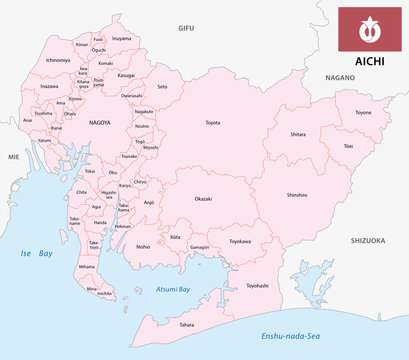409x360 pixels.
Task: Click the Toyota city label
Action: [213, 123]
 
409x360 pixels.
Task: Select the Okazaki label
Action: [202, 199]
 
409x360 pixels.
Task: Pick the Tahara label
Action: [187, 324]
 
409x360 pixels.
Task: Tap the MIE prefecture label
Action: [13, 157]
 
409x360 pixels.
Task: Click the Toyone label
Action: [362, 113]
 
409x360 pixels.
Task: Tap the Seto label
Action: [162, 86]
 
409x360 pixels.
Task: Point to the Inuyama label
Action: [121, 38]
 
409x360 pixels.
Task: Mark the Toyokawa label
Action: [238, 241]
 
